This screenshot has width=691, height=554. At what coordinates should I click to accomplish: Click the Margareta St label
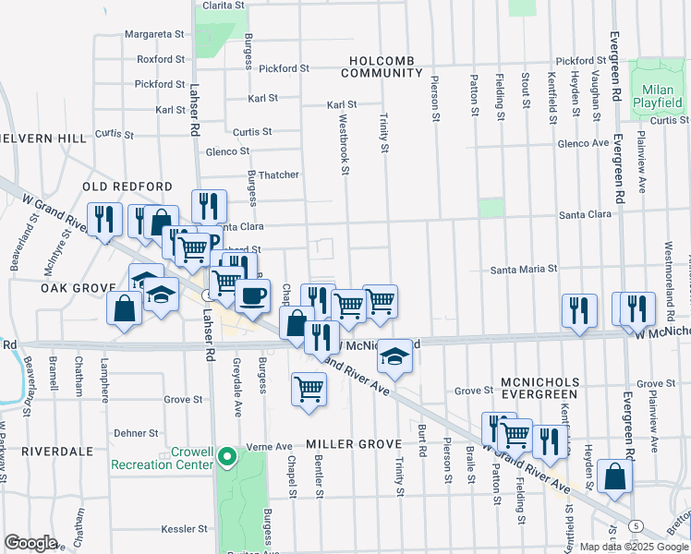[x=154, y=34]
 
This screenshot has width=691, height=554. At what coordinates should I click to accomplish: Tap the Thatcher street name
[x=278, y=175]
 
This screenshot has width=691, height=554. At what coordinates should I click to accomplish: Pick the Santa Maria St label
[x=524, y=269]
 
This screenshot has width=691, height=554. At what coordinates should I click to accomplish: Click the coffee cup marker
[x=252, y=295]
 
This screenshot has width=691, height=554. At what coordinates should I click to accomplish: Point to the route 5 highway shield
[x=636, y=525]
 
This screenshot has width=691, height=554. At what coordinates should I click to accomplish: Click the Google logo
[x=30, y=543]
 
